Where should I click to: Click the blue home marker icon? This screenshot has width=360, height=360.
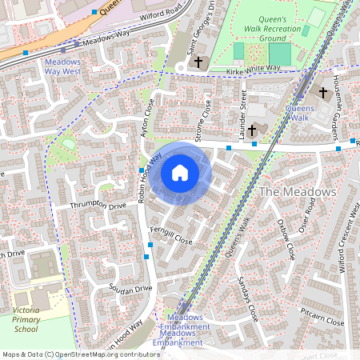tap(180, 172)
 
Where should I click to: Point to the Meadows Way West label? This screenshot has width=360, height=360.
tap(62, 66)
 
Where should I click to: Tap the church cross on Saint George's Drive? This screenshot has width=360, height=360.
tap(198, 62)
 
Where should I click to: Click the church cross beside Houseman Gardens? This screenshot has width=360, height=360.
tap(323, 93)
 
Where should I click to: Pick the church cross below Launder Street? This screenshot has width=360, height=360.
tap(252, 130)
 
